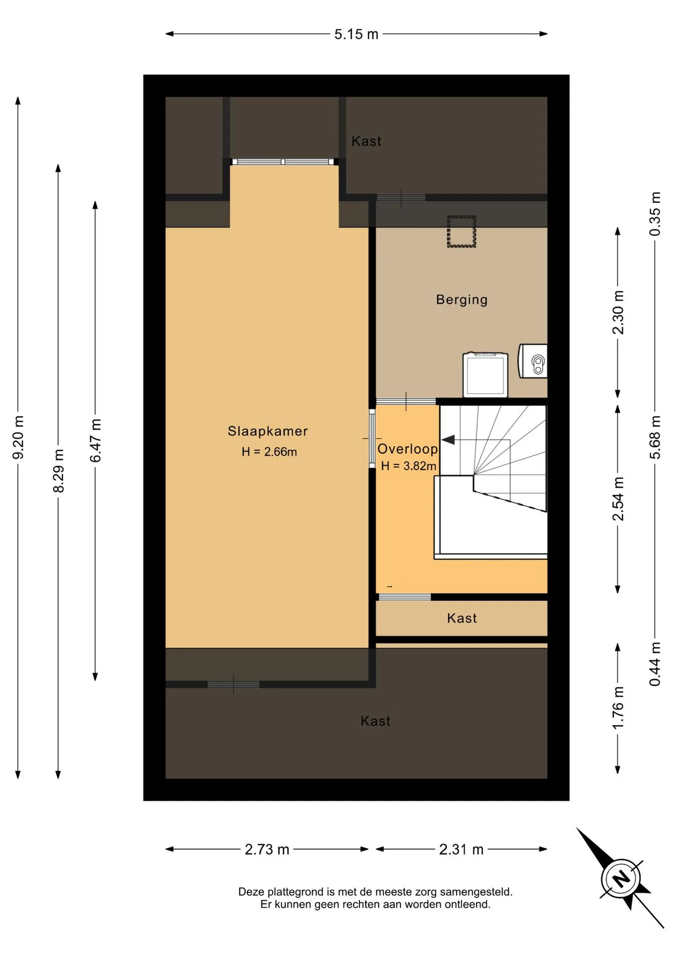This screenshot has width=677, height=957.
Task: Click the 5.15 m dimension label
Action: point(356,34)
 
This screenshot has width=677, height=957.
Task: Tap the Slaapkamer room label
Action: point(268,431)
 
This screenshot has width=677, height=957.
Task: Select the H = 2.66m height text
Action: point(269,452)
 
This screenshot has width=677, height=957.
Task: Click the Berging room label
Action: point(462,300)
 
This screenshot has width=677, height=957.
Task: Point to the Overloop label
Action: point(407,449)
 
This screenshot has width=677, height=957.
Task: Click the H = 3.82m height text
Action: point(409,466)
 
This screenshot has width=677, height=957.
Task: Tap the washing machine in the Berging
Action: point(485,374)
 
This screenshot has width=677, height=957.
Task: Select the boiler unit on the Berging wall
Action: point(533,361)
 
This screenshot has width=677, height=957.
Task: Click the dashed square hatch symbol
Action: point(461,231)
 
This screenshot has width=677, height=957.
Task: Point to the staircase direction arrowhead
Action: point(448,440)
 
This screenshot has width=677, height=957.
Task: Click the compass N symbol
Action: point(621,878)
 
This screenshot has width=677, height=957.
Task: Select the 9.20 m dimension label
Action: point(18,437)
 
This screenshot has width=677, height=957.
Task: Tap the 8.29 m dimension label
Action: point(58,471)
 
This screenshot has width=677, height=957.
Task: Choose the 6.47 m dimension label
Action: point(95,441)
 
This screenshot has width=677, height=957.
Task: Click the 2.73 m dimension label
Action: point(267,849)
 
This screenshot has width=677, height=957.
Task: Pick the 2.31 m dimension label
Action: point(461,849)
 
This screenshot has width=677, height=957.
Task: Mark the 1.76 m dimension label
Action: point(618,708)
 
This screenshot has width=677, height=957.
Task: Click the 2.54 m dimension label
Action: point(618,499)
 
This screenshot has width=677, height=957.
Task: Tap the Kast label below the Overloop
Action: point(462,619)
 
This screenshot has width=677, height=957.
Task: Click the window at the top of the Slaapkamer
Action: point(283,162)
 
